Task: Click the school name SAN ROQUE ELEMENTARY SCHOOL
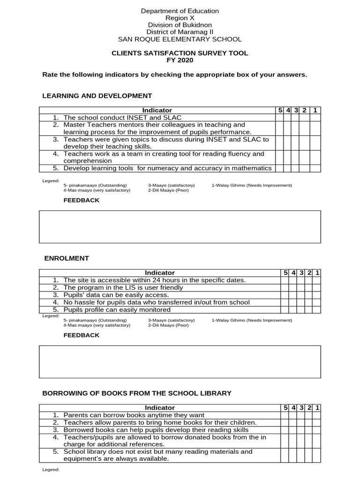coord(180,39)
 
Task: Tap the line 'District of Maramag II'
coord(180,32)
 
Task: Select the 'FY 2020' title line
coord(180,60)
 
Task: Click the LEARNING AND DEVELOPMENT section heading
coord(97,96)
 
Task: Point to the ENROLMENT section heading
coord(67,258)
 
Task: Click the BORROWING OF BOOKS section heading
coord(137,393)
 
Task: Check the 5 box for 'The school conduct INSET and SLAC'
coord(280,118)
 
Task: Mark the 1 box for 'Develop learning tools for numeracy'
coord(315,168)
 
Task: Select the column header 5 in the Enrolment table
coord(285,273)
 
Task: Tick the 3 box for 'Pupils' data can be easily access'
coord(302,295)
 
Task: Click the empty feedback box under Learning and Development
coord(180,226)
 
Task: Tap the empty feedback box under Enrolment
coord(180,361)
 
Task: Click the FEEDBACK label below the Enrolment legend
coord(82,335)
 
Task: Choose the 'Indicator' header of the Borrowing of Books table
coord(160,408)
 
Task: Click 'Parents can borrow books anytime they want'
coord(134,415)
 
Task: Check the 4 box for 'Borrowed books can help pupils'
coord(294,430)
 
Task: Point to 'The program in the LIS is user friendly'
coord(123,287)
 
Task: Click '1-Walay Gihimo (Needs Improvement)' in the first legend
coord(252,185)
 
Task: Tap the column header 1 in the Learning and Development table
coord(315,110)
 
